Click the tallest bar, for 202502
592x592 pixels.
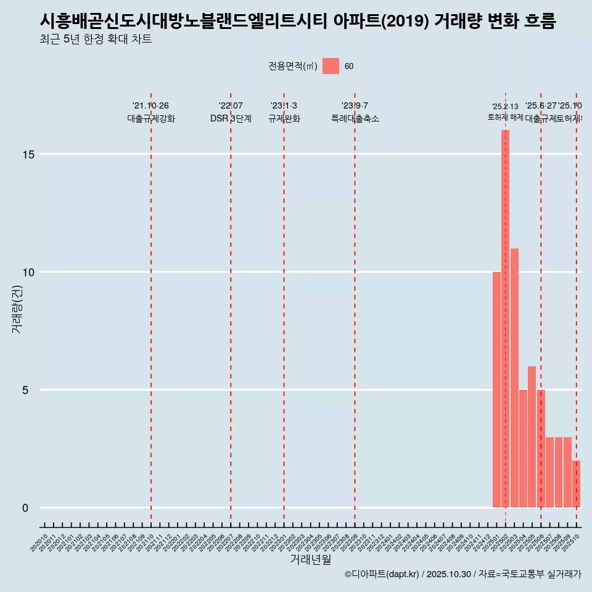pos(505,319)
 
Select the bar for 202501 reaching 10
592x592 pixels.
pos(496,390)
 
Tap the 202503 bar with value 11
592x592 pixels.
pos(514,378)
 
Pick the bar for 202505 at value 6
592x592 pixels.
pos(532,437)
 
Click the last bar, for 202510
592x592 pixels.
pos(576,484)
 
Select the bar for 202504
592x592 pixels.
pos(523,448)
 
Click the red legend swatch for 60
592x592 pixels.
pos(331,66)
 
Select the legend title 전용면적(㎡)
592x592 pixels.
pos(293,67)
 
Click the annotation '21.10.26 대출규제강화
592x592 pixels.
pos(151,112)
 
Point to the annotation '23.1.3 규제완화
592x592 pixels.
pos(284,112)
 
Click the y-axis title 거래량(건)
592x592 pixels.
pos(17,308)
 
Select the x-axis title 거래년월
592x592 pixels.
pos(310,559)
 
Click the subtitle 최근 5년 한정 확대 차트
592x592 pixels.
pos(96,39)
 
